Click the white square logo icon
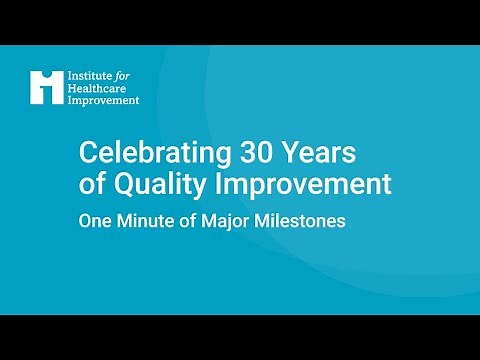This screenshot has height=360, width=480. click(x=46, y=87)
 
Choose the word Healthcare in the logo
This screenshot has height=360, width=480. click(x=98, y=88)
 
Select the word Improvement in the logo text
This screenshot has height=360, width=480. click(x=103, y=100)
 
